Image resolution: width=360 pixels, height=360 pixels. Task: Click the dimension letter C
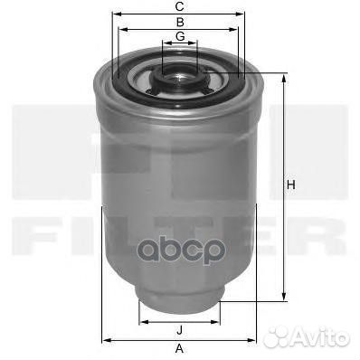pyautogui.click(x=180, y=6)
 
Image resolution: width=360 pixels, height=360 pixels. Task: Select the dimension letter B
pyautogui.click(x=180, y=22)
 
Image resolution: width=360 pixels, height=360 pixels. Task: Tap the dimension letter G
pyautogui.click(x=180, y=37)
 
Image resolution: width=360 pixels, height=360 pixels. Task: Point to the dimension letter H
pyautogui.click(x=291, y=185)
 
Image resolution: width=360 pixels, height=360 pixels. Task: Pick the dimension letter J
pyautogui.click(x=180, y=330)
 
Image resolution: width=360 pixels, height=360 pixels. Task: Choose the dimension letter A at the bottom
pyautogui.click(x=179, y=349)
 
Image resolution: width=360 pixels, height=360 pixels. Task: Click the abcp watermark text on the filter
pyautogui.click(x=180, y=250)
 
